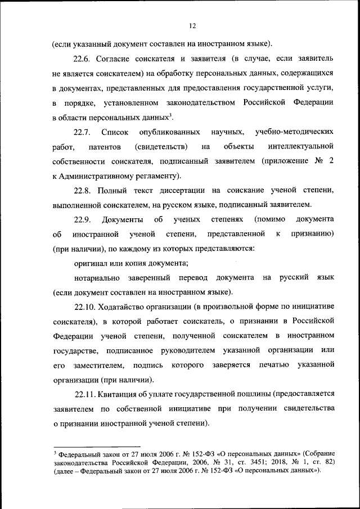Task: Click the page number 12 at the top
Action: (192, 25)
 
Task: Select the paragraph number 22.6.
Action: (83, 59)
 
